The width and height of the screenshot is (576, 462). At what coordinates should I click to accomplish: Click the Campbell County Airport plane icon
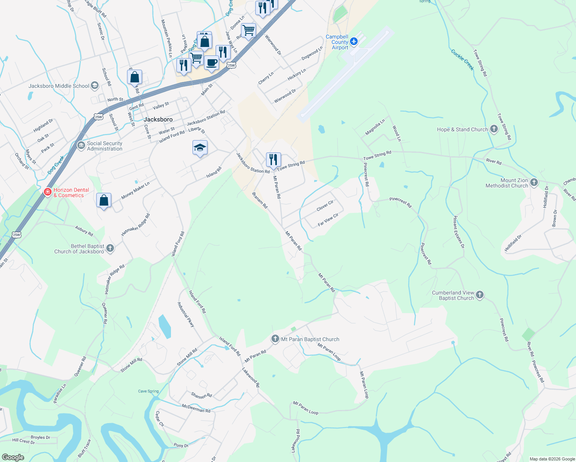[x=354, y=41]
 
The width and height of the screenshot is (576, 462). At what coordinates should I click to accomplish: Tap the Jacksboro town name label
[x=158, y=119]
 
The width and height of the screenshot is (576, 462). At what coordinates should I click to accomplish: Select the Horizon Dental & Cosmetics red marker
[x=48, y=192]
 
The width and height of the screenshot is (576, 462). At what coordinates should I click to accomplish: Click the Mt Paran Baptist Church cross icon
[x=275, y=339]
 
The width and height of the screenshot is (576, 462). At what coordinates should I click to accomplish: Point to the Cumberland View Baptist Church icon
[x=479, y=295]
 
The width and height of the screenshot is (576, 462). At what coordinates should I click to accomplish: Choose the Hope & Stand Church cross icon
[x=494, y=129]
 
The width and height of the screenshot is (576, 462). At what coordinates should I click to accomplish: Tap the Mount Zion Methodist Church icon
[x=534, y=182]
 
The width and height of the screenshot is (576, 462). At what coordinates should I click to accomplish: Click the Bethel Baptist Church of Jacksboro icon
[x=110, y=248]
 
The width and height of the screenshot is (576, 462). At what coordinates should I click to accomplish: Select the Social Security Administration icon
[x=81, y=146]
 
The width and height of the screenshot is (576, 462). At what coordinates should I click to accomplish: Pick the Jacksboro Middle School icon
[x=95, y=86]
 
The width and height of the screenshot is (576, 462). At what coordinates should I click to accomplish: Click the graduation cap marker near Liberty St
[x=200, y=147]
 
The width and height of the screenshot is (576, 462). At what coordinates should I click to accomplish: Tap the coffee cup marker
[x=211, y=62]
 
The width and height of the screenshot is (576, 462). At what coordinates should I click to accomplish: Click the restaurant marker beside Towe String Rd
[x=273, y=159]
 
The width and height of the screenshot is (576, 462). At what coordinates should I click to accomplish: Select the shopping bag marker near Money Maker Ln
[x=104, y=200]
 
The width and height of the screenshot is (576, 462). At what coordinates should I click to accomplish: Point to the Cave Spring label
[x=148, y=391]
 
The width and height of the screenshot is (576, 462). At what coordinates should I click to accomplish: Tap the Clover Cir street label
[x=325, y=206]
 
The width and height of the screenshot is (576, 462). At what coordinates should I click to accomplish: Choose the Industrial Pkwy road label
[x=186, y=315]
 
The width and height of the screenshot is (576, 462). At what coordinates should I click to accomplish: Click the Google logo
[x=13, y=457]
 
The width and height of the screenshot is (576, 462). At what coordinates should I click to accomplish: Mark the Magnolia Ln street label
[x=375, y=127]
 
